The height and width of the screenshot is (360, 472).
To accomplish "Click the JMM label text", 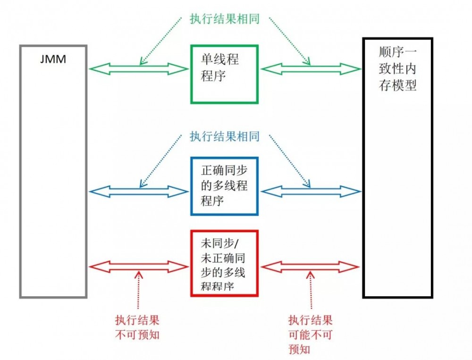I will coord(53,60).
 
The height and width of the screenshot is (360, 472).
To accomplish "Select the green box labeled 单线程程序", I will coord(224,74).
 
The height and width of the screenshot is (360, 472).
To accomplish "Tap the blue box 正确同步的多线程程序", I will coord(224,186).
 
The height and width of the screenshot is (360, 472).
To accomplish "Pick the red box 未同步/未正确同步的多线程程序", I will coord(224,263).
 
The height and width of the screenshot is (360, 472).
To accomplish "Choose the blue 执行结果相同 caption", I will coord(224,137).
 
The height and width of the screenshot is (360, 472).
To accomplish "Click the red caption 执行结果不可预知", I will coord(137,327).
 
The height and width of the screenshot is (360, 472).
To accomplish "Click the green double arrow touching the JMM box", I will coord(138,69).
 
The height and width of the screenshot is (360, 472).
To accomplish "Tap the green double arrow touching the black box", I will coord(311,69).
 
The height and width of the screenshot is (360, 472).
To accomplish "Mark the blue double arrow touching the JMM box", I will coord(138,191).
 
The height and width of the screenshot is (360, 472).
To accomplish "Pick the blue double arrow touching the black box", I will coord(311,191).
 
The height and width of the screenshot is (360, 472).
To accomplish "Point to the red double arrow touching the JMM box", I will coord(138,268).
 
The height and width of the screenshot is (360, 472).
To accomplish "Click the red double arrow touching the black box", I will coord(311,268).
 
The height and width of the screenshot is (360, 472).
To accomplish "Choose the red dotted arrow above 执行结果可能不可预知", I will coord(310,293).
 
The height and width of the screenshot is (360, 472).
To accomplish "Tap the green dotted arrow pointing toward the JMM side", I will coord(160,40).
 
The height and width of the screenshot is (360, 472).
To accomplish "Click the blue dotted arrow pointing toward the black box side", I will coord(290,160).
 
